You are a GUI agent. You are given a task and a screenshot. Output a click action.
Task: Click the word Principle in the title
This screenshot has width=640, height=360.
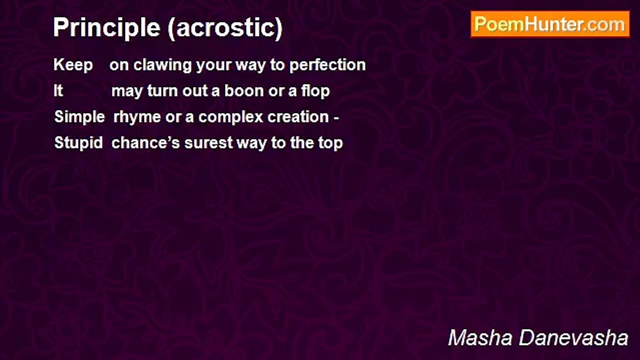click(x=106, y=27)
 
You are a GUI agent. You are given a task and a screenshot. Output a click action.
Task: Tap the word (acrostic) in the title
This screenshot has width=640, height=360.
click(x=225, y=28)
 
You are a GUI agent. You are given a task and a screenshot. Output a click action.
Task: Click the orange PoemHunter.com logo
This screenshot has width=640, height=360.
click(x=550, y=24)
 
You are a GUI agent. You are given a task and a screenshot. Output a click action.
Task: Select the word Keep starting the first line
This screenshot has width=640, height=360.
click(x=73, y=65)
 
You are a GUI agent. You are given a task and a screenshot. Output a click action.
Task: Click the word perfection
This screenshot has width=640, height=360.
click(x=327, y=65)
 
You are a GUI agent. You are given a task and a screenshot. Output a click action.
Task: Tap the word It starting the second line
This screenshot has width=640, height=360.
click(x=58, y=91)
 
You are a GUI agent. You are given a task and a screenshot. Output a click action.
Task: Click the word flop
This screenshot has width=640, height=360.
click(x=315, y=91)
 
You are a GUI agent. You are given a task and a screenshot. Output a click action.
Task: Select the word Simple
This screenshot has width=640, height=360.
click(x=79, y=117)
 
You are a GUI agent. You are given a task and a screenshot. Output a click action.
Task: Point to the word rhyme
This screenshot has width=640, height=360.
click(x=137, y=117)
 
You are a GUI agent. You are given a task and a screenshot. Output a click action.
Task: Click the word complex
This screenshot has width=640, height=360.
click(x=230, y=117)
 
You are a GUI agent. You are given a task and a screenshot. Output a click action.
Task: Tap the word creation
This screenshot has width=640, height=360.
click(x=298, y=117)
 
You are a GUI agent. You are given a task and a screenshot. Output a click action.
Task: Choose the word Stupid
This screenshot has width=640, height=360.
click(x=78, y=143)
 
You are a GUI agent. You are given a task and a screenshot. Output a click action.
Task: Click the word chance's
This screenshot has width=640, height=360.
click(x=145, y=143)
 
